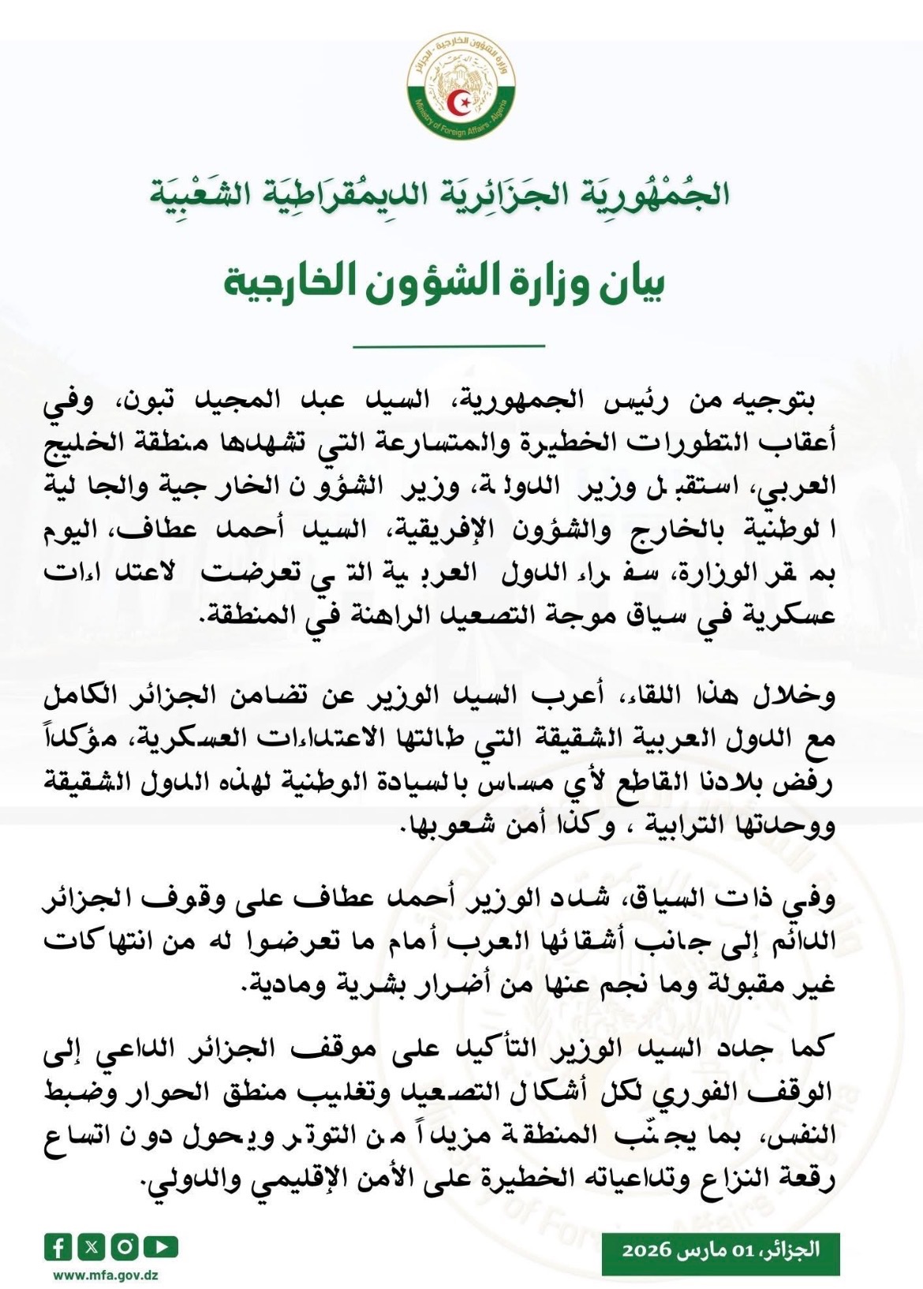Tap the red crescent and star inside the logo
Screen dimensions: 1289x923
[x=459, y=102]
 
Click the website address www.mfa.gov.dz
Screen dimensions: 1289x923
[x=106, y=1274]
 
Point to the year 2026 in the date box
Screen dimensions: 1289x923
[x=646, y=1250]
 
